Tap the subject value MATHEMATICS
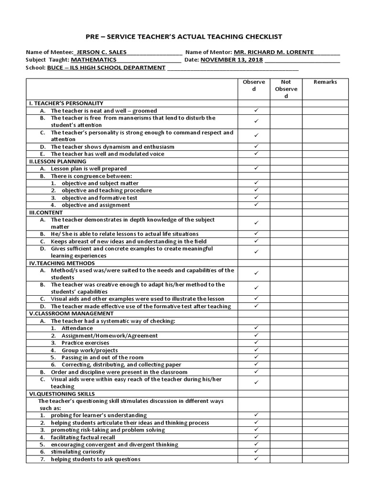click(x=93, y=60)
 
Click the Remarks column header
click(x=325, y=82)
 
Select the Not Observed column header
click(x=286, y=89)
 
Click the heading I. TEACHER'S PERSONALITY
click(x=66, y=103)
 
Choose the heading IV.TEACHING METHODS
click(x=62, y=263)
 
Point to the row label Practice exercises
click(x=85, y=343)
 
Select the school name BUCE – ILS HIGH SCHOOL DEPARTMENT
click(x=106, y=68)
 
